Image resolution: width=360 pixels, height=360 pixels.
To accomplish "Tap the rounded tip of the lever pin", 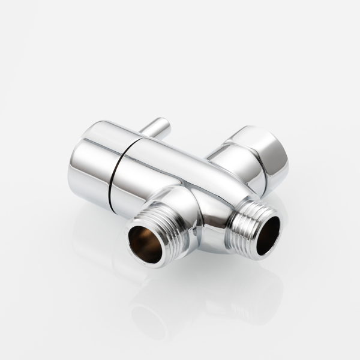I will tap(165, 124).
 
